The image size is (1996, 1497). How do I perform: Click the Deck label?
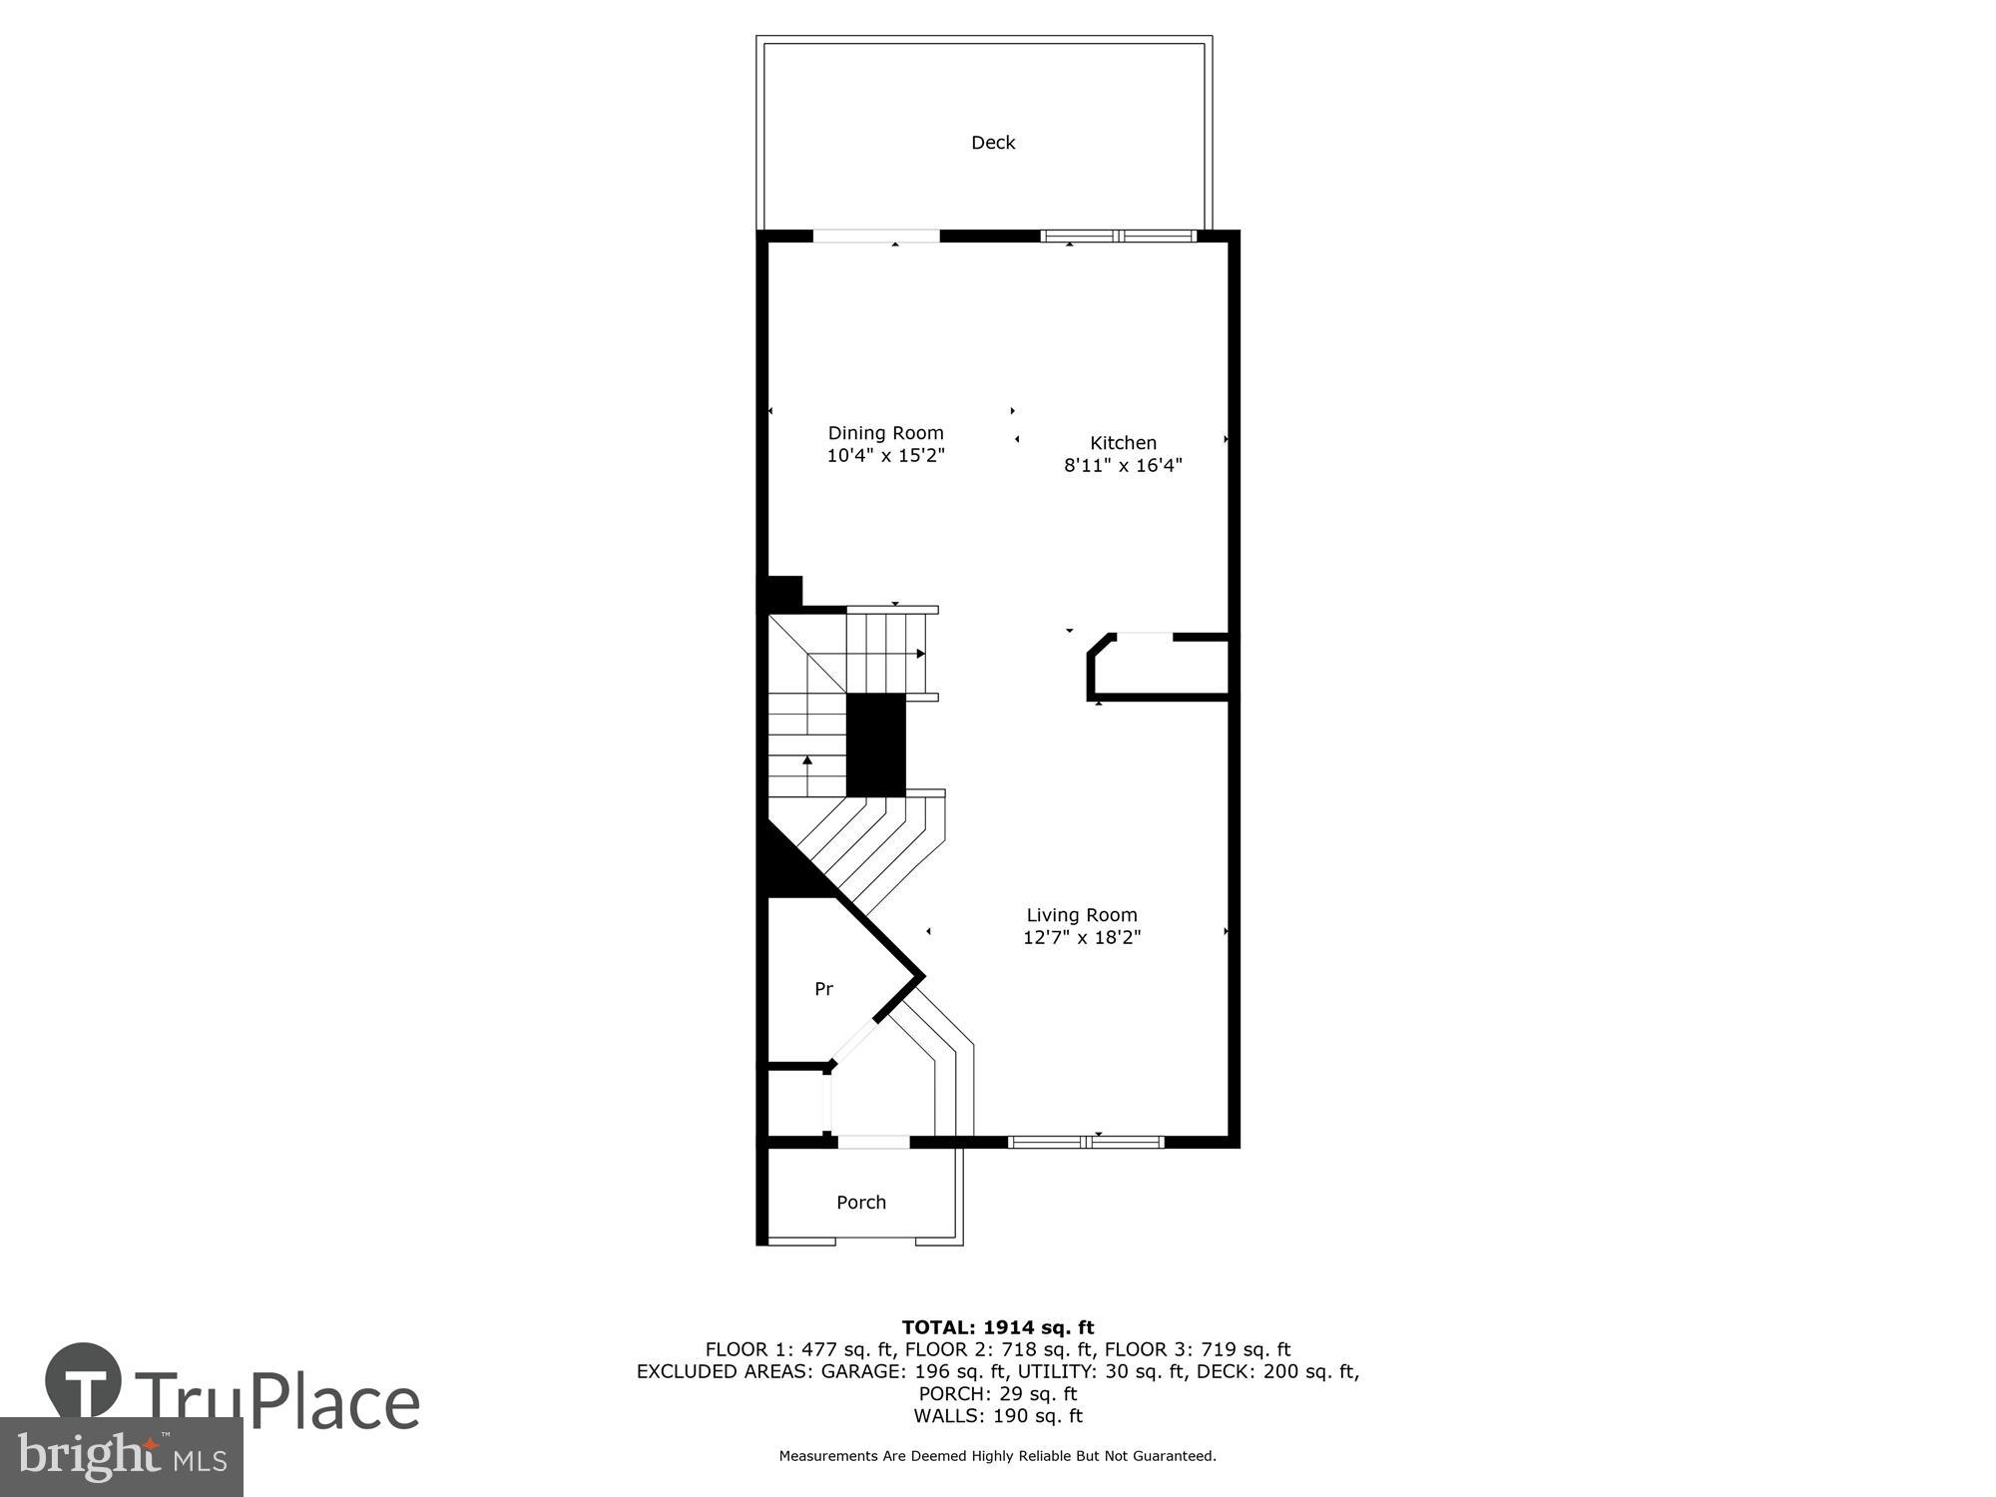[993, 143]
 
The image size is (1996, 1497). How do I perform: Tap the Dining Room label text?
[885, 433]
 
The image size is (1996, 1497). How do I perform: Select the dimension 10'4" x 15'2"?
[885, 456]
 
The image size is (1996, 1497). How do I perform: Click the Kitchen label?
[1123, 443]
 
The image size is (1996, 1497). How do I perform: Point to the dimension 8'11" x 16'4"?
[1123, 465]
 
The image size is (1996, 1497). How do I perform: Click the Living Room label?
[1082, 915]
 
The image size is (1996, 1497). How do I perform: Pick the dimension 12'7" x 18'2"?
[1082, 937]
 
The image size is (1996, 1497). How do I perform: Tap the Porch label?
[861, 1203]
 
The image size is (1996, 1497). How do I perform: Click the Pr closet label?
[823, 989]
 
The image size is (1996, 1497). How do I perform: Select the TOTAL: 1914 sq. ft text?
[998, 1327]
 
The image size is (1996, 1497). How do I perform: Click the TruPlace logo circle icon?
[84, 1382]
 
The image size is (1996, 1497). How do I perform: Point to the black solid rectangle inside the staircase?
[875, 746]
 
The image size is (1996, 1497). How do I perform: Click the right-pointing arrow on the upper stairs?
[920, 654]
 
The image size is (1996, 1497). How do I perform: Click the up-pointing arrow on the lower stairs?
[807, 760]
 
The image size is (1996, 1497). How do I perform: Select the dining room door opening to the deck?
[876, 237]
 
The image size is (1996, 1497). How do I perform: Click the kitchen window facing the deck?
[1118, 237]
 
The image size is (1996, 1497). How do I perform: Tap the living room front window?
[1086, 1142]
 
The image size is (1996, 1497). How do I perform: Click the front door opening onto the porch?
[872, 1142]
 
